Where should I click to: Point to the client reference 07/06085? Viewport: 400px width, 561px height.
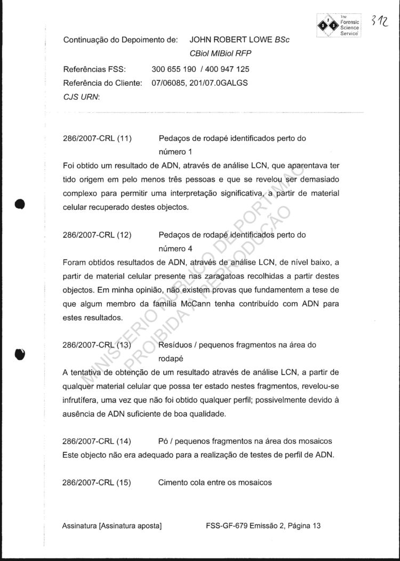169,83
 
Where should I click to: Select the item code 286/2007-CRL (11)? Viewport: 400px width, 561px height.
97,139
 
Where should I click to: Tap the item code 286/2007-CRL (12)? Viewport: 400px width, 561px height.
97,235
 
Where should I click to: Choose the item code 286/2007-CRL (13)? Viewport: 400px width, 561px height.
97,345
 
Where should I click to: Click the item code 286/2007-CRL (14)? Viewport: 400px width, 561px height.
97,441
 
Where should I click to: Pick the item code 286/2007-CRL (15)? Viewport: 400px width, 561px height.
97,483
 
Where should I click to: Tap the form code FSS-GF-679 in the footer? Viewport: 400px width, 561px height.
225,526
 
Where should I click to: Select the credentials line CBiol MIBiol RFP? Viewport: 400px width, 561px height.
220,53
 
